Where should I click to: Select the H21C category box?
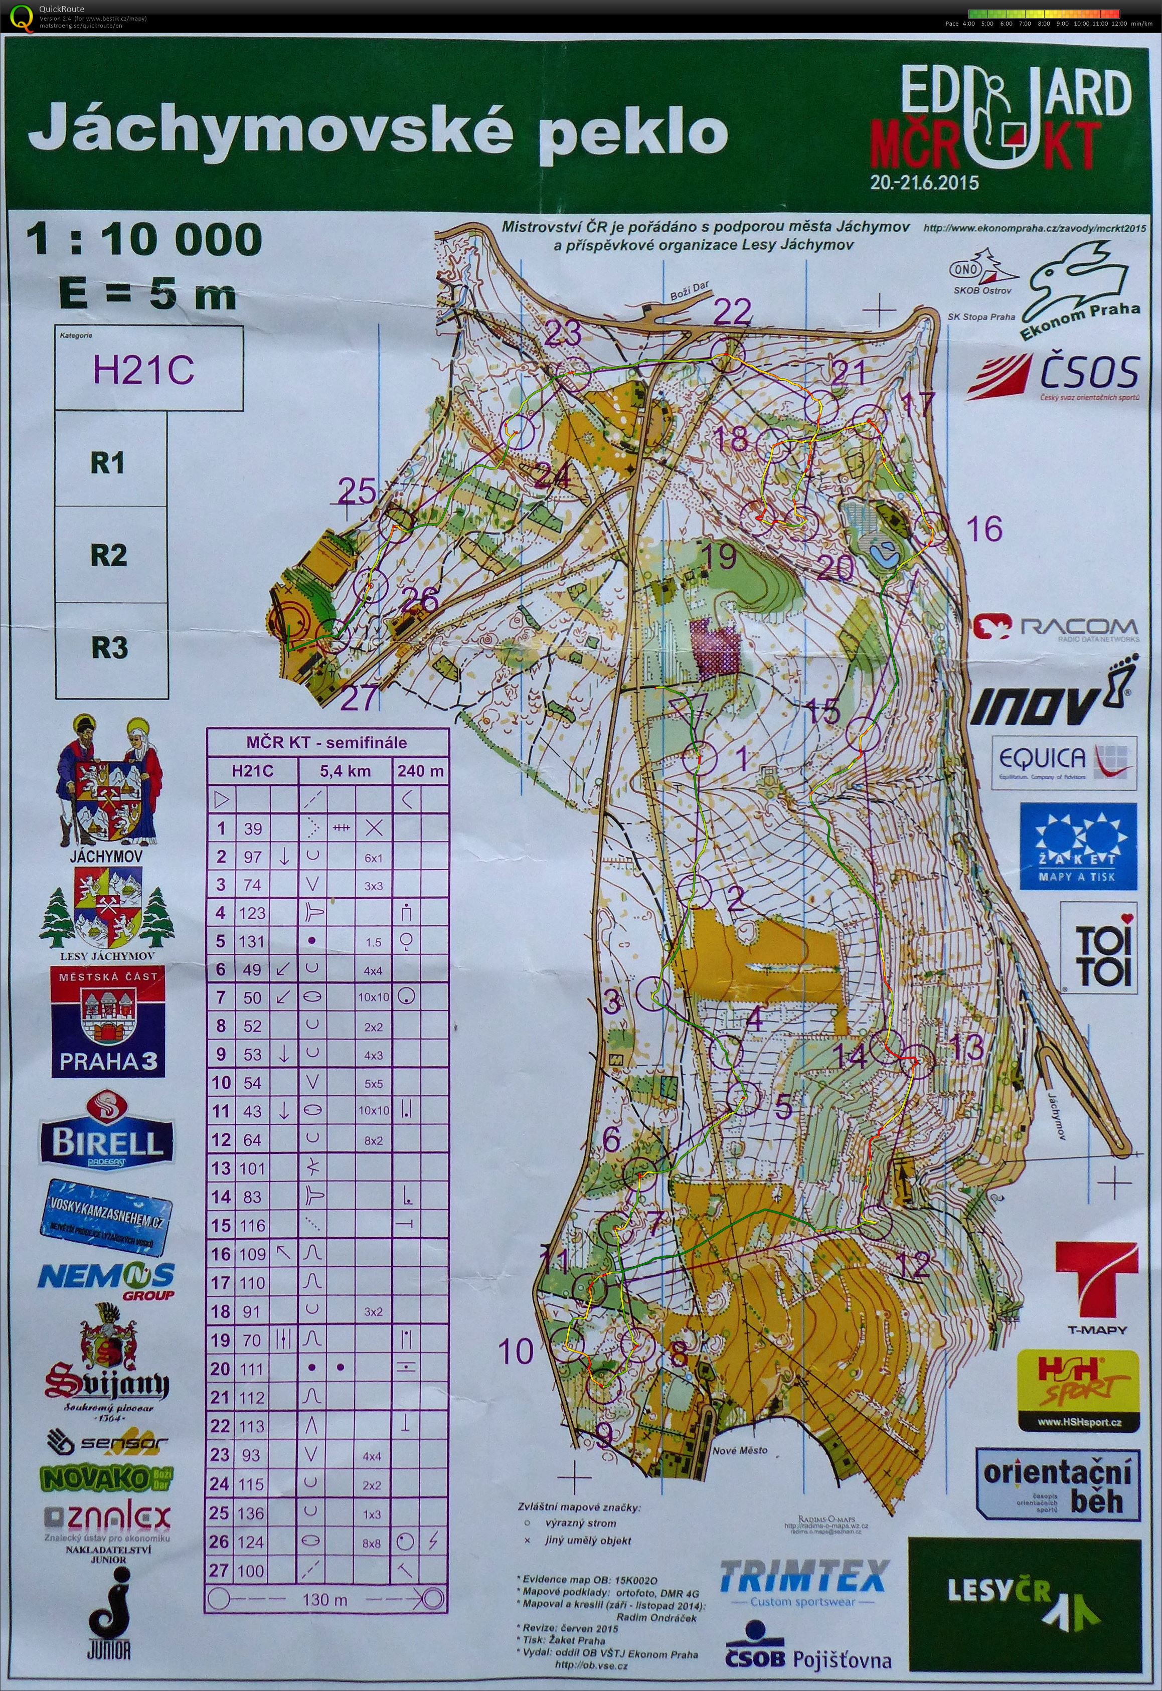point(144,370)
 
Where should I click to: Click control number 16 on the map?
point(984,529)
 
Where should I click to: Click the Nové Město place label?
point(740,1449)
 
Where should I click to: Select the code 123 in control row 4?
point(253,913)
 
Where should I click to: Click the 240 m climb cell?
point(420,771)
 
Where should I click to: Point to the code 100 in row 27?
point(252,1570)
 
